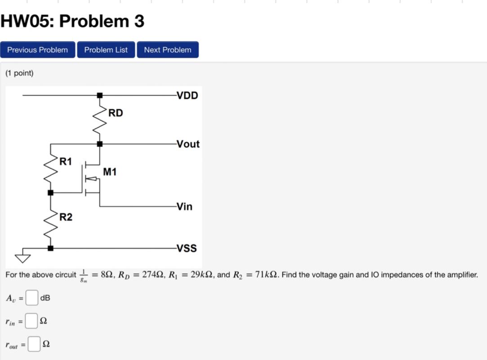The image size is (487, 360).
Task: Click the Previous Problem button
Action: point(37,50)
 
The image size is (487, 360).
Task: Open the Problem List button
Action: point(106,50)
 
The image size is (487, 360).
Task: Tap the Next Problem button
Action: point(167,50)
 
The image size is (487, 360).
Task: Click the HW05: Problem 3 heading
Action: point(72,21)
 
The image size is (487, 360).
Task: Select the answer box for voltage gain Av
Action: point(31,298)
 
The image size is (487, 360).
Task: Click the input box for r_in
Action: point(31,320)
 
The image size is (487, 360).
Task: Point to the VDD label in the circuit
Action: point(187,95)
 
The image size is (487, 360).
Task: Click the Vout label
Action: point(188,144)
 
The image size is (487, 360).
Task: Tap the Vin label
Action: point(184,207)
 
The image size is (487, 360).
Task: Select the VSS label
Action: point(187,248)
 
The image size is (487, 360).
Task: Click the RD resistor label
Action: point(116,113)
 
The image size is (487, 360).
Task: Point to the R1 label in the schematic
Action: point(66,162)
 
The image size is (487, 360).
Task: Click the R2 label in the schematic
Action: point(66,218)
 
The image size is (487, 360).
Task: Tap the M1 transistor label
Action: point(110,172)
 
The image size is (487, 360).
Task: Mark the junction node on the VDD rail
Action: point(100,95)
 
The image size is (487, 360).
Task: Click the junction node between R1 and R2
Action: point(50,193)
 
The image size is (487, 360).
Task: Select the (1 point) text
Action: point(19,73)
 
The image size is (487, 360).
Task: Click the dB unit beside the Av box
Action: point(45,298)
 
